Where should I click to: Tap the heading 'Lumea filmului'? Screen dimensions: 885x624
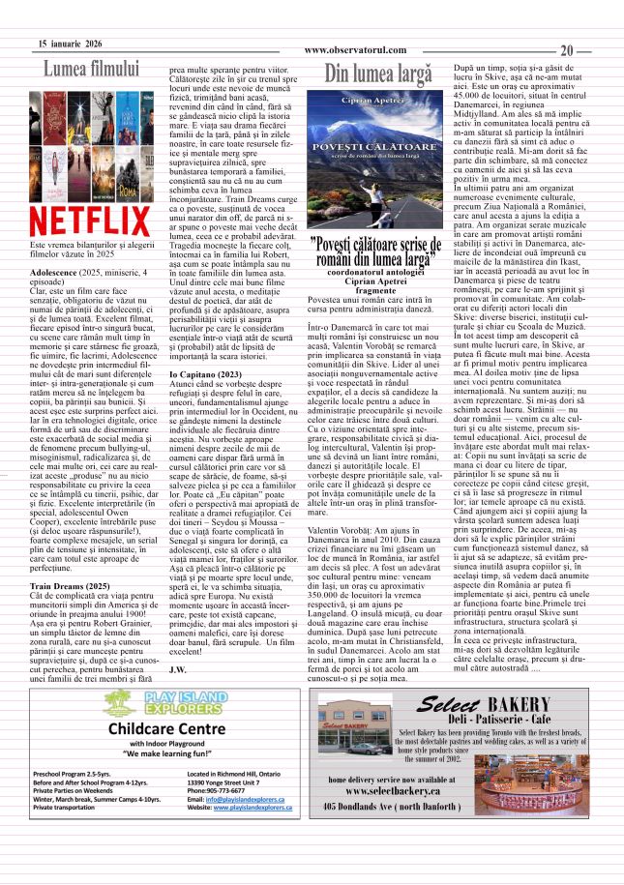coord(92,69)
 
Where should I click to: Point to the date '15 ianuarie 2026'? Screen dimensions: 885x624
coord(70,44)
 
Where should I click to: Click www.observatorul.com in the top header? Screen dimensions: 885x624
coord(352,50)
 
